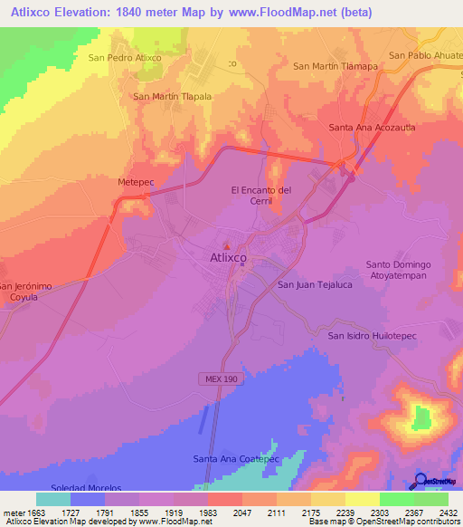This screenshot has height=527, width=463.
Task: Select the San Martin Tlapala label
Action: pyautogui.click(x=172, y=97)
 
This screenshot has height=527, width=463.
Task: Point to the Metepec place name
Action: pyautogui.click(x=137, y=182)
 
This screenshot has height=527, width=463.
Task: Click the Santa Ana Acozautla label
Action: pyautogui.click(x=372, y=129)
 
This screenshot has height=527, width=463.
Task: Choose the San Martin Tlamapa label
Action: pyautogui.click(x=334, y=65)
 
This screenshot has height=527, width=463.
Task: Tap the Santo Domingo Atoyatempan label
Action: pyautogui.click(x=399, y=270)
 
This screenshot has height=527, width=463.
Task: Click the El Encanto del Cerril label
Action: pyautogui.click(x=261, y=196)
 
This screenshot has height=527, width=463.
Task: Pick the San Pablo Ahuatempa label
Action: pyautogui.click(x=425, y=54)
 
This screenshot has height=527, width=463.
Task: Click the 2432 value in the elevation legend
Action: pyautogui.click(x=436, y=513)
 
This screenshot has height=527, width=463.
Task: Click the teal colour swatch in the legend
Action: pyautogui.click(x=52, y=499)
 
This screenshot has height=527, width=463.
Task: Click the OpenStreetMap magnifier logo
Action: pyautogui.click(x=420, y=480)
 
